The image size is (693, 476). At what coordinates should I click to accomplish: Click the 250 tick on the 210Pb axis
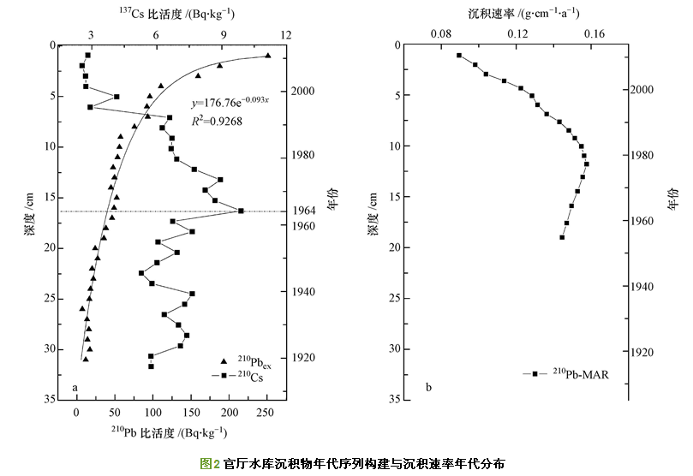click(x=266, y=413)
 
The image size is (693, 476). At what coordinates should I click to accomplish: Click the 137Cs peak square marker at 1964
click(x=241, y=211)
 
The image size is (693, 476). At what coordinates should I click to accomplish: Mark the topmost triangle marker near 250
click(x=267, y=56)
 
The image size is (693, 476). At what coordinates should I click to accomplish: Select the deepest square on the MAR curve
click(x=562, y=236)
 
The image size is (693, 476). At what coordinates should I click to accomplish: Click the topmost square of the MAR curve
click(x=459, y=56)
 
